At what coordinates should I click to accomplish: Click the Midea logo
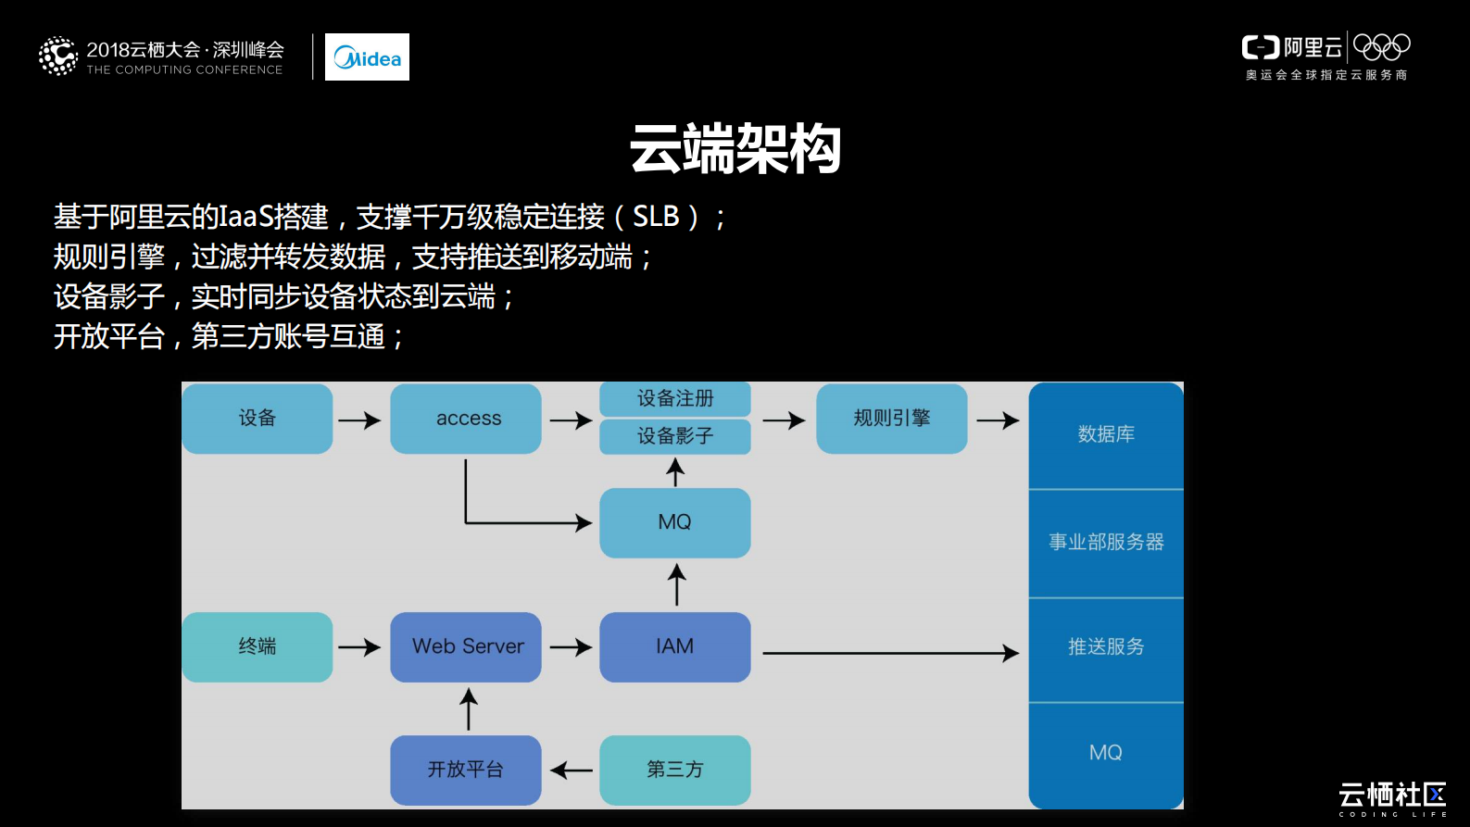(367, 57)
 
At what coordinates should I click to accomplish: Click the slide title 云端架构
(735, 148)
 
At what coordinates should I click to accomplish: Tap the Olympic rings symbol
(1381, 46)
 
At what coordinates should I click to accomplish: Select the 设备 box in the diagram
(258, 419)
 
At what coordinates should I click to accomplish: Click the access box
(466, 419)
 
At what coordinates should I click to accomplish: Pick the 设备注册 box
(675, 399)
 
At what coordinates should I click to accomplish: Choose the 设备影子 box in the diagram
(675, 436)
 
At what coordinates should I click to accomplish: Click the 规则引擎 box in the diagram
(891, 419)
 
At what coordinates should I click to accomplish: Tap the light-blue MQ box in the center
(675, 522)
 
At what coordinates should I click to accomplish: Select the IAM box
(675, 646)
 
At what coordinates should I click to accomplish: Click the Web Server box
(466, 646)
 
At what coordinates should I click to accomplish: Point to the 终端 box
(258, 646)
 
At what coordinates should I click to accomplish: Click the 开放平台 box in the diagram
(466, 770)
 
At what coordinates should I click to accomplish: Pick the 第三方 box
(675, 770)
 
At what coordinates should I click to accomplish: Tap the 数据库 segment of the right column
(1106, 434)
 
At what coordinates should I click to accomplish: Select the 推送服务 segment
(1106, 647)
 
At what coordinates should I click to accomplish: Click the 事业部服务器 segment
(1106, 543)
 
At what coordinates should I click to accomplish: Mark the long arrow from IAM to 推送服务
(889, 653)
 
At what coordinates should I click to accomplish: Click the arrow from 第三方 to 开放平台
(572, 770)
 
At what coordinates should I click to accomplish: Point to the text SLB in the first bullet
(656, 217)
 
